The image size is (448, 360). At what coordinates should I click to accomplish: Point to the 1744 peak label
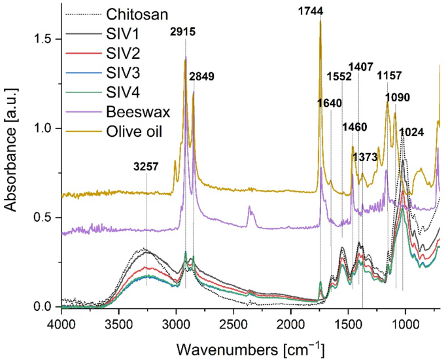point(320,10)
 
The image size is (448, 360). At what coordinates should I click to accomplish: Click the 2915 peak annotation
point(185,31)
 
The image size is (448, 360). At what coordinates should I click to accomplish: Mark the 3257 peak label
point(146,166)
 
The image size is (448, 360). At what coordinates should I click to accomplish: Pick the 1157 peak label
point(388,76)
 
